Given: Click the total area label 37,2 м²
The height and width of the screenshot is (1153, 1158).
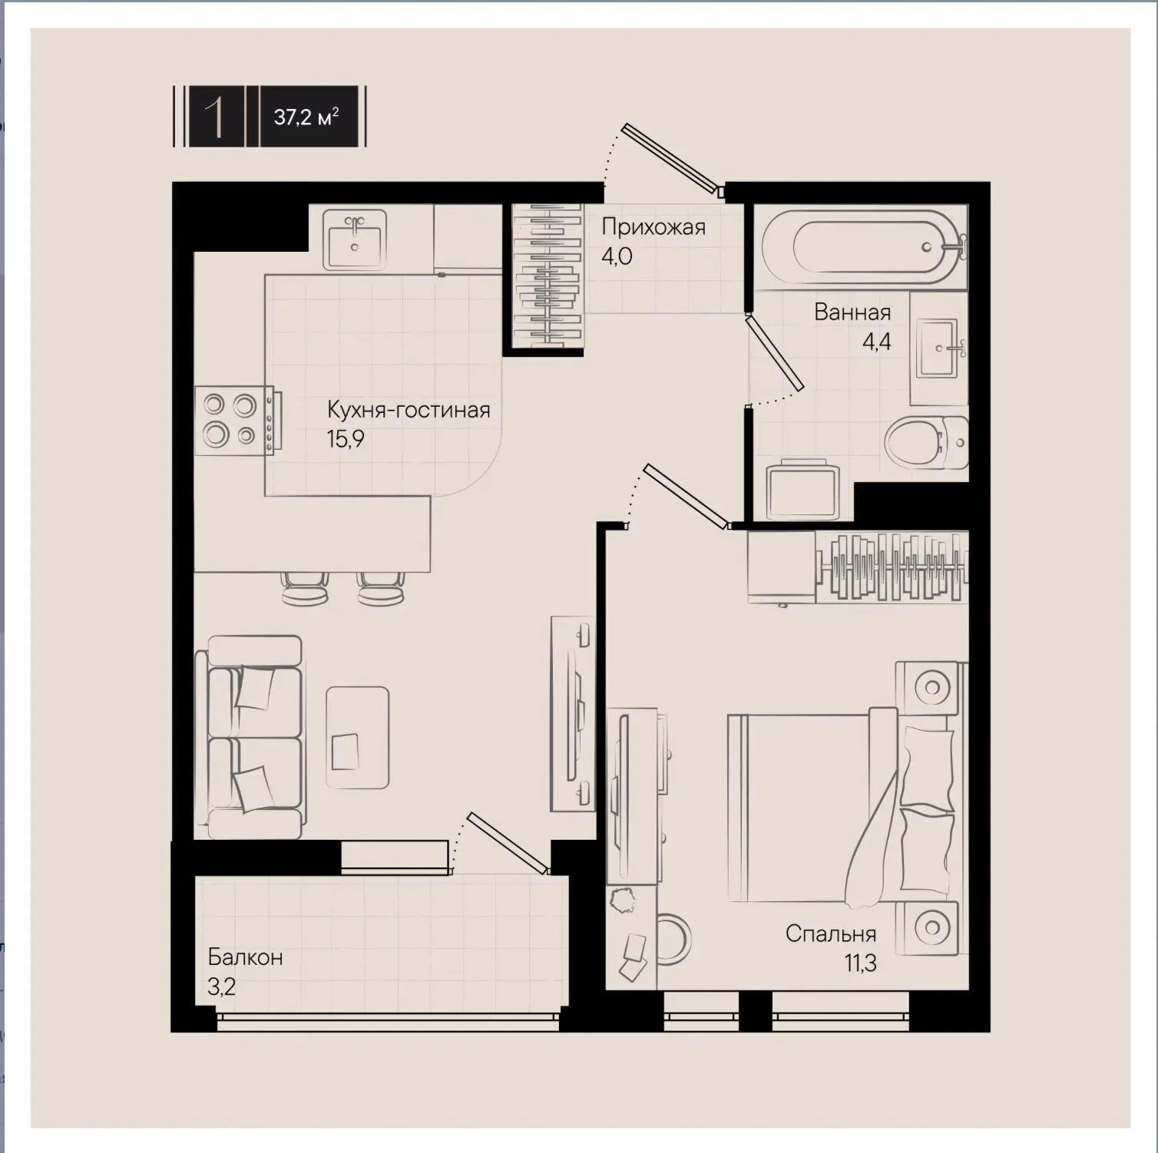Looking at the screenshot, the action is [306, 117].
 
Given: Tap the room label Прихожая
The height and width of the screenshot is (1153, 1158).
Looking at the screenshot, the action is [653, 227].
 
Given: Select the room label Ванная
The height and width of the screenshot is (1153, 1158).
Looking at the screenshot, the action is [852, 312].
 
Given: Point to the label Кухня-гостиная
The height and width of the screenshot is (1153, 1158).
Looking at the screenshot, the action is [409, 410].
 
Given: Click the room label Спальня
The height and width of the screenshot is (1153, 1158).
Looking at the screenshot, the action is [831, 933].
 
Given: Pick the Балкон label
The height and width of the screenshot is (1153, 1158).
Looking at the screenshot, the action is [245, 957].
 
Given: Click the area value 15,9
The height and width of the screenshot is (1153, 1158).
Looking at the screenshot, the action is [346, 439].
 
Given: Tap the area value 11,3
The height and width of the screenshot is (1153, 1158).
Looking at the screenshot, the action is [861, 963].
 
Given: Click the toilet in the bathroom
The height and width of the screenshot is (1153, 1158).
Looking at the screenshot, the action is [926, 443].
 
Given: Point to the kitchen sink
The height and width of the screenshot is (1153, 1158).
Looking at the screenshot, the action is [354, 239].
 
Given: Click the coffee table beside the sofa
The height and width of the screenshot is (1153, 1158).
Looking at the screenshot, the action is [357, 738].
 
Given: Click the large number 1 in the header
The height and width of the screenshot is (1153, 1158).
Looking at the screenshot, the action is [216, 117].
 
